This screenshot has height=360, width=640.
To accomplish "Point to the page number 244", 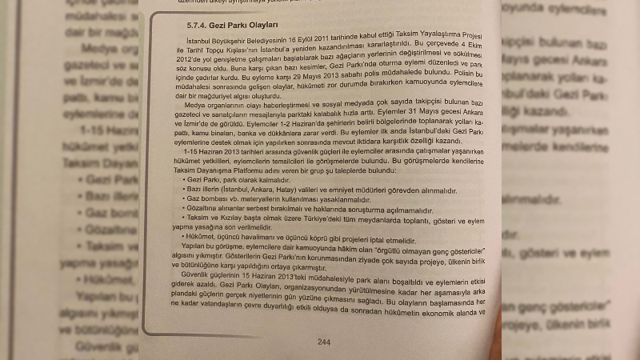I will (324, 342).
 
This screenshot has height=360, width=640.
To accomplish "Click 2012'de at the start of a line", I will (186, 59).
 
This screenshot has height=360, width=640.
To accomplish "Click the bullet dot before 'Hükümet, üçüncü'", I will (183, 238).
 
